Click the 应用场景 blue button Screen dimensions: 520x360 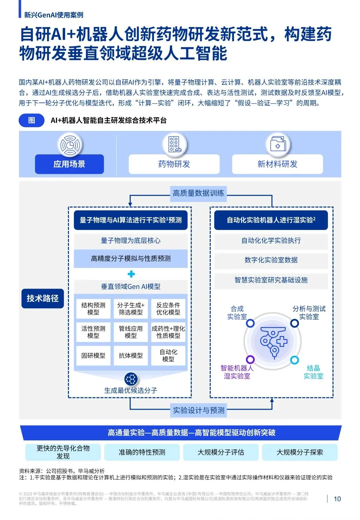click(x=69, y=164)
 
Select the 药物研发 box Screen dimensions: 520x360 click(x=174, y=164)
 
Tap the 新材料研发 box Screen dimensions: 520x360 click(x=277, y=164)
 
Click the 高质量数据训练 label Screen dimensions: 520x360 click(x=198, y=193)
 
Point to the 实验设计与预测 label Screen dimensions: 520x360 click(x=199, y=410)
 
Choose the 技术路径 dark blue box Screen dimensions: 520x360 click(x=43, y=298)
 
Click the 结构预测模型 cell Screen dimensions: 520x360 click(x=93, y=309)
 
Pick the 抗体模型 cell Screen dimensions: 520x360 click(x=131, y=356)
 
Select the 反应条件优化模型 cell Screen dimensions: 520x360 click(x=168, y=309)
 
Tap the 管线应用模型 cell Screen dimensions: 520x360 click(x=131, y=332)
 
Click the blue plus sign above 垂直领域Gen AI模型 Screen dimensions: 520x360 click(x=131, y=274)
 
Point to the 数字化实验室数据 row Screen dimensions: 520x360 click(x=271, y=260)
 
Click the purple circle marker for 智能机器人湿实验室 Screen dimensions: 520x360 click(x=250, y=359)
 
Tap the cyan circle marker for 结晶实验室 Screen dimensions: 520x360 click(x=294, y=360)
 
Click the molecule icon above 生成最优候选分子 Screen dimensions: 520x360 click(x=131, y=379)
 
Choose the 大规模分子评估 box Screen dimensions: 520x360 click(x=221, y=452)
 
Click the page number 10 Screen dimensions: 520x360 click(x=337, y=499)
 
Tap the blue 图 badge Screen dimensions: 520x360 click(x=32, y=120)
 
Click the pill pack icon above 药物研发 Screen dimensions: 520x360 click(x=174, y=144)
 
